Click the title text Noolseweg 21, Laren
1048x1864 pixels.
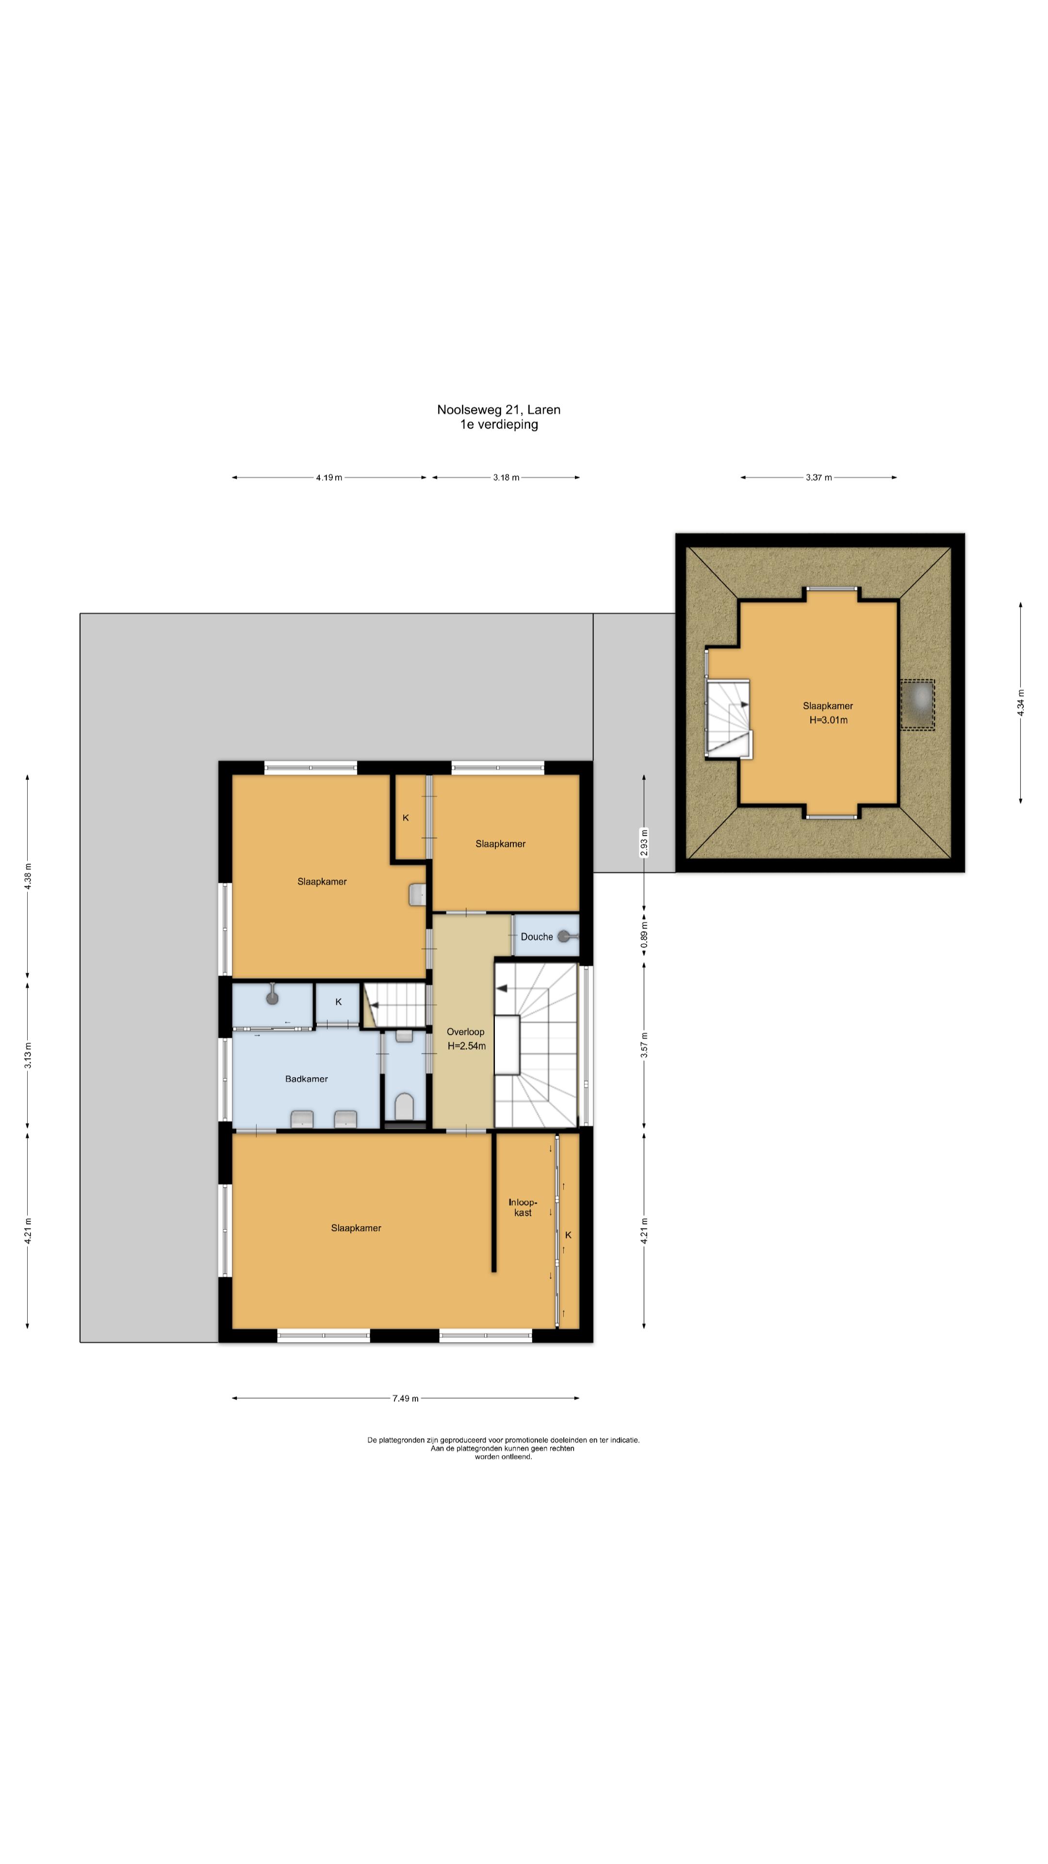(x=498, y=410)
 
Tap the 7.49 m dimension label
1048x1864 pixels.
(x=405, y=1398)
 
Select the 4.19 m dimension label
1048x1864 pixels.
(x=329, y=478)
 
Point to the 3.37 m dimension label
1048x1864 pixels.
(x=819, y=478)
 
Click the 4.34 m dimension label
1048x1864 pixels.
(x=1020, y=702)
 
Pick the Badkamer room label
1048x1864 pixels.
(x=307, y=1079)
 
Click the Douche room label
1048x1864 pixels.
(x=537, y=936)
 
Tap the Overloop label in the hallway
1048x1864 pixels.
(x=465, y=1032)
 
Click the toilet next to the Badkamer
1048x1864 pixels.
(x=404, y=1106)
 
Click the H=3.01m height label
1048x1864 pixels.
(x=828, y=720)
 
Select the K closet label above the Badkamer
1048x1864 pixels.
(x=339, y=1002)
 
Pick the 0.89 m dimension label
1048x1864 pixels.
(x=644, y=935)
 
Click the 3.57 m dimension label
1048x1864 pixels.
(x=644, y=1045)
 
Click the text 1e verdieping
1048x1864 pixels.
(x=499, y=425)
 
